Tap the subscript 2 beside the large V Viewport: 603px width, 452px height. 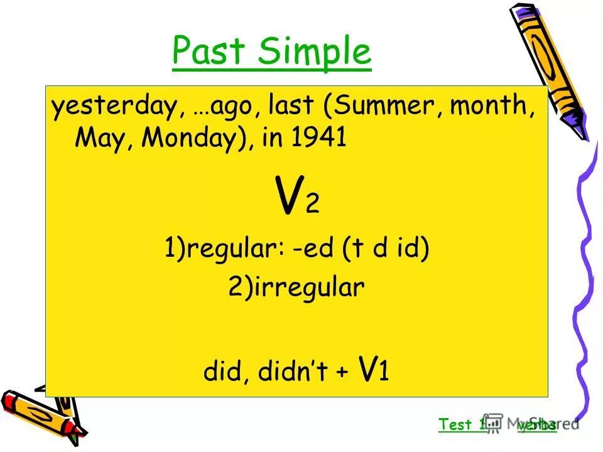click(x=312, y=205)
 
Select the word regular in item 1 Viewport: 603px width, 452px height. click(x=232, y=250)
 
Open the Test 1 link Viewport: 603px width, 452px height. click(x=462, y=424)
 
